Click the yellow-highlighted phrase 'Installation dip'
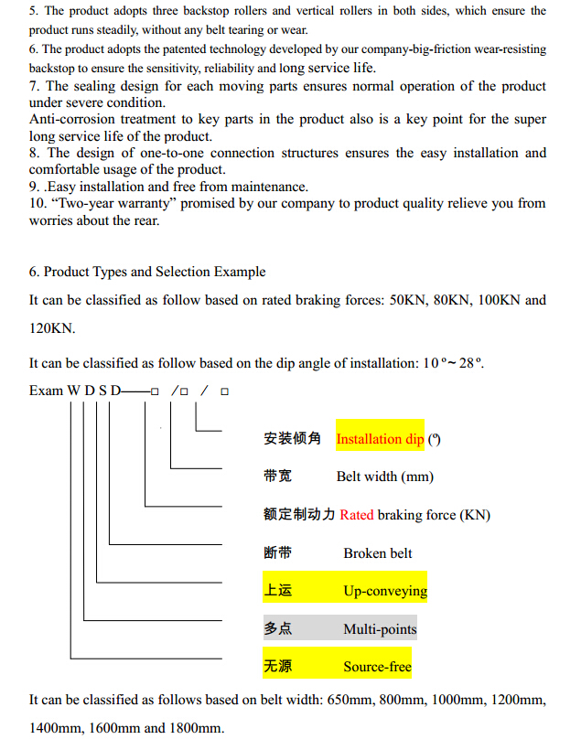point(380,439)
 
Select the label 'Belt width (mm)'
point(384,477)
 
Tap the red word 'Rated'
point(357,515)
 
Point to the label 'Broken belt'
point(378,553)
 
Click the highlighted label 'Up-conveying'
point(385,591)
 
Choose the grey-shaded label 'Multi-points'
point(380,629)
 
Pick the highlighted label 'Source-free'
point(377,667)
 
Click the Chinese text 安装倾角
point(292,439)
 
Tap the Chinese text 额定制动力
point(299,515)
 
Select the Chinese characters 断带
point(277,553)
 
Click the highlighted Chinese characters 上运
point(277,591)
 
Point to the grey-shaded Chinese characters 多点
point(277,629)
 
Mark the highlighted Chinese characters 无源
point(277,667)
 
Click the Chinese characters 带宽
point(277,477)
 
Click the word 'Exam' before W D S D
point(46,391)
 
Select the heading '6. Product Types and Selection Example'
point(147,272)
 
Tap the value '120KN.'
point(52,327)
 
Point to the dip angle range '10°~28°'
point(453,363)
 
